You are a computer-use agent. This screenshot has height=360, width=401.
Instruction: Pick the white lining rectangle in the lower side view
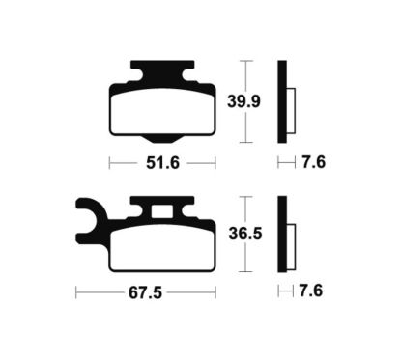[x=290, y=243]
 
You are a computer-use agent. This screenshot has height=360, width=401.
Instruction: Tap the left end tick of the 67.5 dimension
[x=76, y=291]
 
